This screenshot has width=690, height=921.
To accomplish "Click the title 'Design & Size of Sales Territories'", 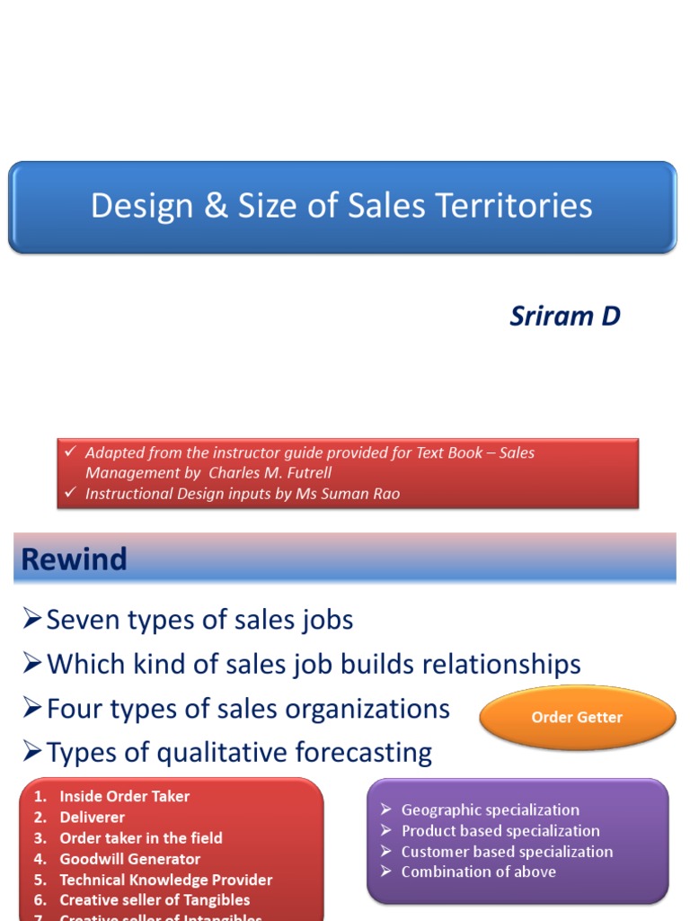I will pos(341,206).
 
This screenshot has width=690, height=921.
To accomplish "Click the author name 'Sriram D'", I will pos(565,317).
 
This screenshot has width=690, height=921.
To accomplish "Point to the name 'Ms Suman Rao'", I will pos(348,493).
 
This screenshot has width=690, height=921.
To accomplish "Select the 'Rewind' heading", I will pos(75,559).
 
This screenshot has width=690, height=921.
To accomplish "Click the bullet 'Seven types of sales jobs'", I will pos(199,620).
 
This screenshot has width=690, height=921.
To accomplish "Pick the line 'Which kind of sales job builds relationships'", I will pos(314,665).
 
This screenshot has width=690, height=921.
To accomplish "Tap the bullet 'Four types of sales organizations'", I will pos(248,709).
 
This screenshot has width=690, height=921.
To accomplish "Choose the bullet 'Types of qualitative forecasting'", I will pos(239,752).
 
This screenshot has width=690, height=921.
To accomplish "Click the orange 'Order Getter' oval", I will pos(577,717).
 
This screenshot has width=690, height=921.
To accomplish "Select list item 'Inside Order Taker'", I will pos(124,796).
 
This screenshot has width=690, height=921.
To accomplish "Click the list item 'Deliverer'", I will pos(92,817).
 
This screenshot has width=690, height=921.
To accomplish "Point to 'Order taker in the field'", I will pos(140,837).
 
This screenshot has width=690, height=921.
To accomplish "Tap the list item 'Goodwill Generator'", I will pos(129,859).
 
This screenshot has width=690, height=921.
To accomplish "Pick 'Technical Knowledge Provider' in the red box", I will pos(165,880).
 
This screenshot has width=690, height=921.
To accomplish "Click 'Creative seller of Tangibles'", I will pos(155,899).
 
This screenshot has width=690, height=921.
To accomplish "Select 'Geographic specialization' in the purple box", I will pos(490,809).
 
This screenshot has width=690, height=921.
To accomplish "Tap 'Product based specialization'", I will pos(500,830).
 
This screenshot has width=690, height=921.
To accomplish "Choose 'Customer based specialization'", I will pos(507,851).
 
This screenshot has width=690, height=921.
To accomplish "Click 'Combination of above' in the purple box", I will pos(478,872).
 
